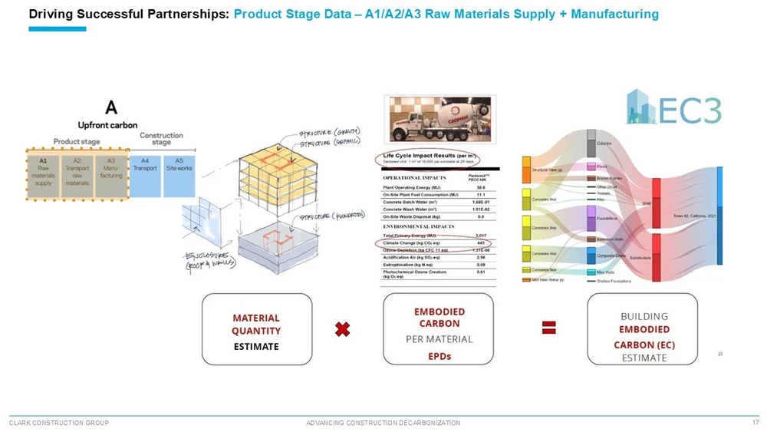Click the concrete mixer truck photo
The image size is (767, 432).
(x=440, y=120)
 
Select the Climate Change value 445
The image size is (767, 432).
(x=480, y=242)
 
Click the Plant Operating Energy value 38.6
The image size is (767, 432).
(x=480, y=187)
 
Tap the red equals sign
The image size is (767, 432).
(x=549, y=328)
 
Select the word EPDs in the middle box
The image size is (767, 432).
(x=439, y=356)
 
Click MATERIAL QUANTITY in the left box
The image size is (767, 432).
(x=256, y=324)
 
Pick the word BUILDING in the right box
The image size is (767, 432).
(x=644, y=315)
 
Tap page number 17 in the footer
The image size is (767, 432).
(x=755, y=422)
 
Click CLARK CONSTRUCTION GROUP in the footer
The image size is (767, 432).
(x=58, y=423)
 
